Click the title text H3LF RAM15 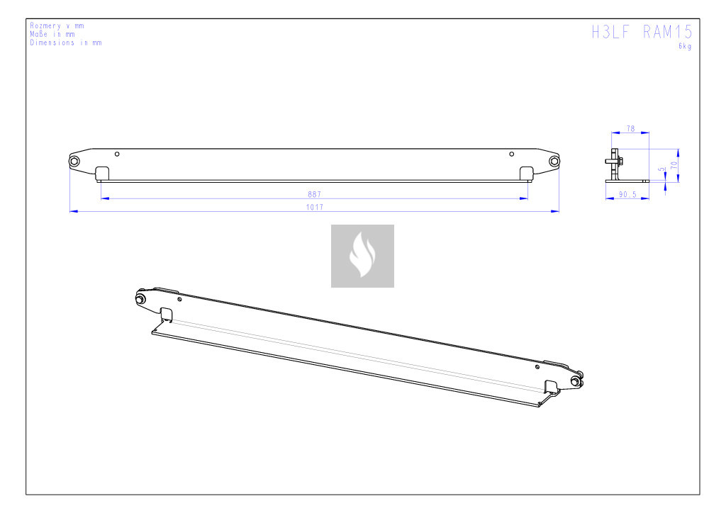click(x=642, y=32)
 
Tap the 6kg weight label click(x=685, y=46)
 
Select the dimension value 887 click(x=314, y=194)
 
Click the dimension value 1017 click(x=314, y=207)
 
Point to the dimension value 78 click(x=630, y=128)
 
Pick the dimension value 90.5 click(x=627, y=195)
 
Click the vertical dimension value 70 click(x=674, y=164)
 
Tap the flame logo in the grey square click(x=362, y=255)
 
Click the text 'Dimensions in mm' click(x=66, y=43)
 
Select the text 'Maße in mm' click(x=52, y=34)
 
